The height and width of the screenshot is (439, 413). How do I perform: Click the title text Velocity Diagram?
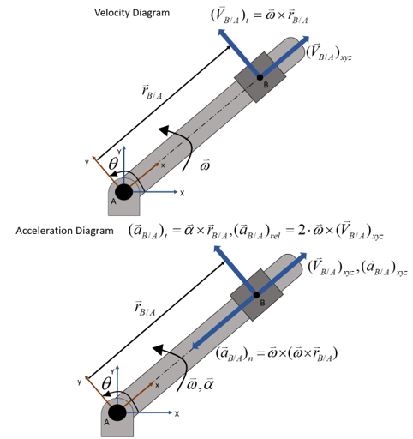click(x=132, y=13)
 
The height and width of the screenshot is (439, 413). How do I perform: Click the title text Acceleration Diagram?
click(x=64, y=231)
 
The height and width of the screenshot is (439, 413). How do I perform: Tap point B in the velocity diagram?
click(x=260, y=77)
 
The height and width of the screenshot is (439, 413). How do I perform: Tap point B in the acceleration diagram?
click(x=256, y=295)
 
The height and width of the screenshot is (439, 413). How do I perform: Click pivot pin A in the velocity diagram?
click(x=123, y=192)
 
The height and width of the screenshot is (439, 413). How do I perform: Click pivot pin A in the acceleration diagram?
click(x=117, y=412)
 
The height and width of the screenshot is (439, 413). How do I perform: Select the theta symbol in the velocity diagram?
click(x=113, y=164)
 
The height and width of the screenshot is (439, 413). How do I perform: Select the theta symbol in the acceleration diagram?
click(x=106, y=383)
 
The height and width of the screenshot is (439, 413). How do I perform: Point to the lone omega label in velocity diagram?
click(x=205, y=165)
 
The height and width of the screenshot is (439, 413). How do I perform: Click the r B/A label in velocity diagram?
click(x=152, y=92)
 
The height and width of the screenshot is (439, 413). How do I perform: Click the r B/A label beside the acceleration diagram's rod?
click(x=145, y=309)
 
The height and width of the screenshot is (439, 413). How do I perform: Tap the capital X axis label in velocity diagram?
click(x=182, y=194)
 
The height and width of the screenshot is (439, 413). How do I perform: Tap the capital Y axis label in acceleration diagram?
click(x=112, y=371)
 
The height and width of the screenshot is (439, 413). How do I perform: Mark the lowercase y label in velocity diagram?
click(x=87, y=162)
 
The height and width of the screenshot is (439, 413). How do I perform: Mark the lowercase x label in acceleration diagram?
click(x=157, y=385)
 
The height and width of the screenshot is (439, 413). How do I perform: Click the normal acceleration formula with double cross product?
click(x=277, y=354)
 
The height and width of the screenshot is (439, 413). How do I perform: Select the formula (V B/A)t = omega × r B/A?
click(x=260, y=16)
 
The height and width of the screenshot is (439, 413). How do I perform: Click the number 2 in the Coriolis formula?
click(x=302, y=230)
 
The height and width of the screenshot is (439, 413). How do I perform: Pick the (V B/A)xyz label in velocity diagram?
click(x=329, y=52)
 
